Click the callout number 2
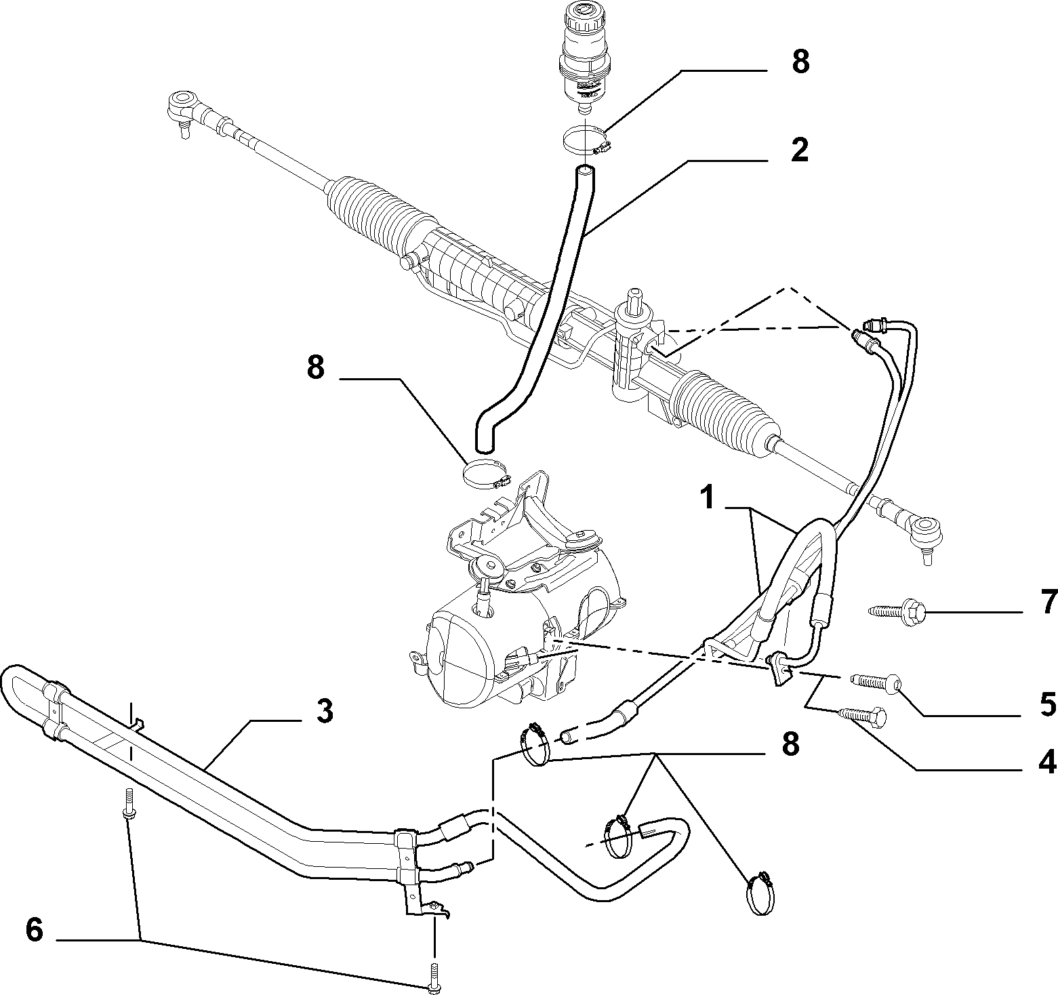799,150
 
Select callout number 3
325,711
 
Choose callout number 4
1048,763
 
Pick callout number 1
708,498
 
